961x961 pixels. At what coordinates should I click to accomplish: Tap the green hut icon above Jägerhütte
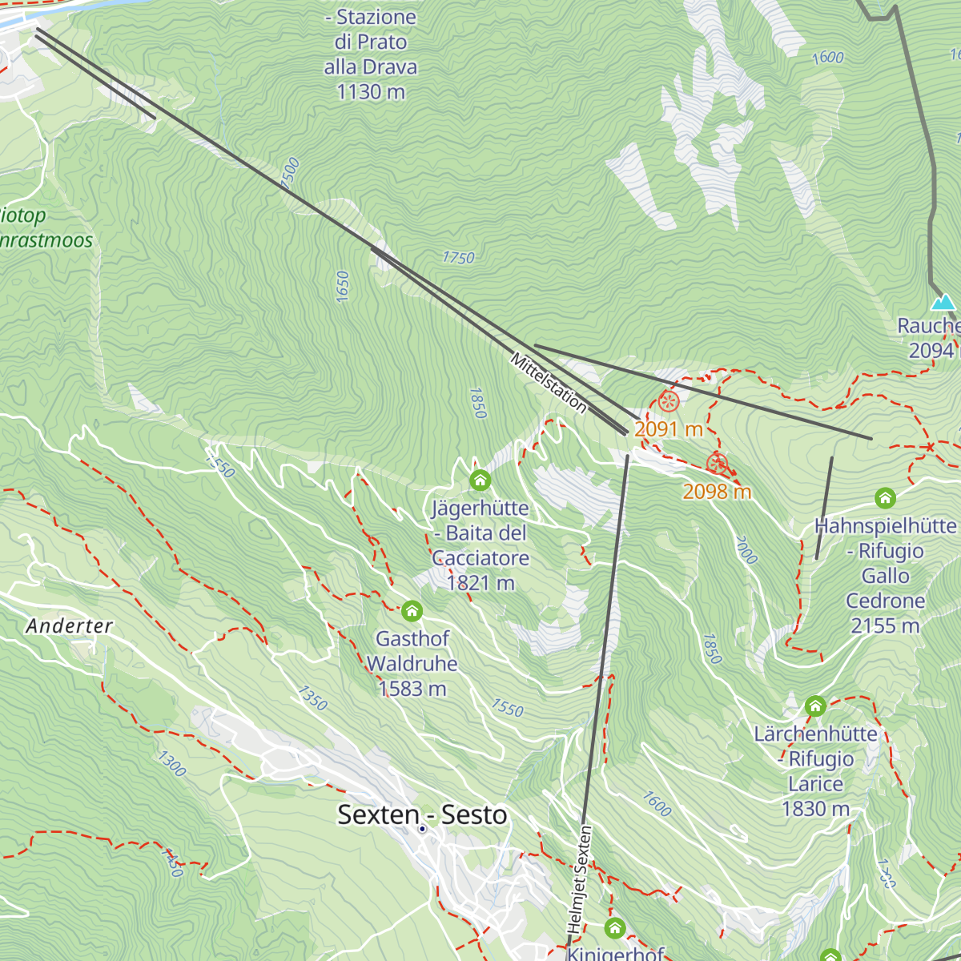(480, 480)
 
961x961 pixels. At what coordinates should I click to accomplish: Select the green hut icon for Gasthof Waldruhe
(412, 612)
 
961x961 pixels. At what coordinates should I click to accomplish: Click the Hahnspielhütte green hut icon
(885, 498)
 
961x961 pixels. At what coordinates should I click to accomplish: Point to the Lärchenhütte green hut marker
(815, 706)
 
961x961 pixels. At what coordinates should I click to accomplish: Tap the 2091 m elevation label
(668, 429)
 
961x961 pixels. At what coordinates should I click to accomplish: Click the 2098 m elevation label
(717, 491)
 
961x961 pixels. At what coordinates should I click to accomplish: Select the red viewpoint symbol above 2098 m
(717, 464)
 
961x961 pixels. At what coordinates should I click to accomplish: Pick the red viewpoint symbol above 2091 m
(669, 401)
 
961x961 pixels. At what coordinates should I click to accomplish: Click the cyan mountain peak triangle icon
(943, 302)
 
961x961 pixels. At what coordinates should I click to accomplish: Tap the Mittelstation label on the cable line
(549, 383)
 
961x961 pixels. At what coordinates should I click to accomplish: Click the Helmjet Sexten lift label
(580, 879)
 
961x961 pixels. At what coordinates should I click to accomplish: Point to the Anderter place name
(70, 625)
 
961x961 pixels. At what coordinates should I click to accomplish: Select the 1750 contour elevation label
(458, 257)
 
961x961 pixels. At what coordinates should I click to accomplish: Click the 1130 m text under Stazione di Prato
(370, 92)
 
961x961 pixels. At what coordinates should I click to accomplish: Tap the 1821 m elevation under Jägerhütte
(480, 583)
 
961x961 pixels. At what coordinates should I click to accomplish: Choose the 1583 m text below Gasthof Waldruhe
(412, 689)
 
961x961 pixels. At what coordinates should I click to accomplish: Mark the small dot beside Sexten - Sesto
(422, 829)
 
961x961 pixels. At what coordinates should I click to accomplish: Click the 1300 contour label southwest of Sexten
(171, 763)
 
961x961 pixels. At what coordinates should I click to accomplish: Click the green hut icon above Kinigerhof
(614, 928)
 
